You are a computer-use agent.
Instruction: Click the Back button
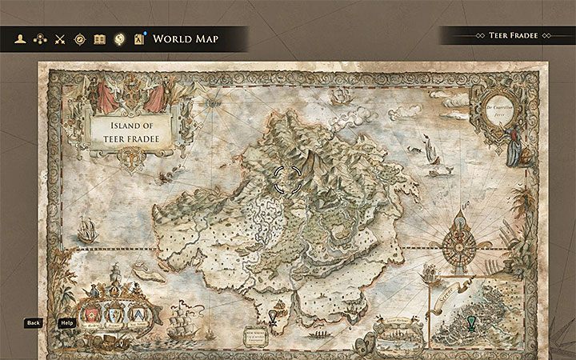(33, 323)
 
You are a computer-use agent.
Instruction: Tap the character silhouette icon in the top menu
(18, 38)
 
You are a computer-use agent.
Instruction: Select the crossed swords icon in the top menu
(59, 38)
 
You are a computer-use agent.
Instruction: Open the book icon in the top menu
(99, 38)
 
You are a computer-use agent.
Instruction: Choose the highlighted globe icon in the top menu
(119, 38)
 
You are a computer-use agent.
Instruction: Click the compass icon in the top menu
(79, 38)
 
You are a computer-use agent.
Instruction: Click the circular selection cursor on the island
(288, 180)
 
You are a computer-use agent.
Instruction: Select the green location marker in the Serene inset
(470, 322)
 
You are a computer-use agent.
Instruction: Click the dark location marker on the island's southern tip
(273, 319)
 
